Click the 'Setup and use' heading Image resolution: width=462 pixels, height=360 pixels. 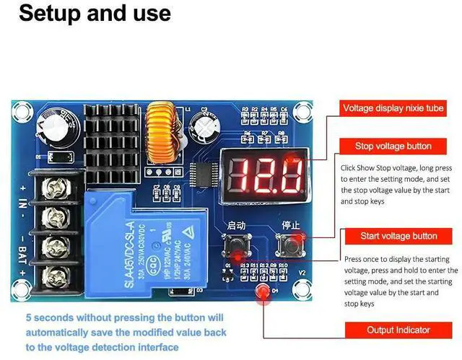pyautogui.click(x=95, y=13)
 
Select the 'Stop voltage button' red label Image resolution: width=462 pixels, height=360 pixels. pyautogui.click(x=393, y=146)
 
